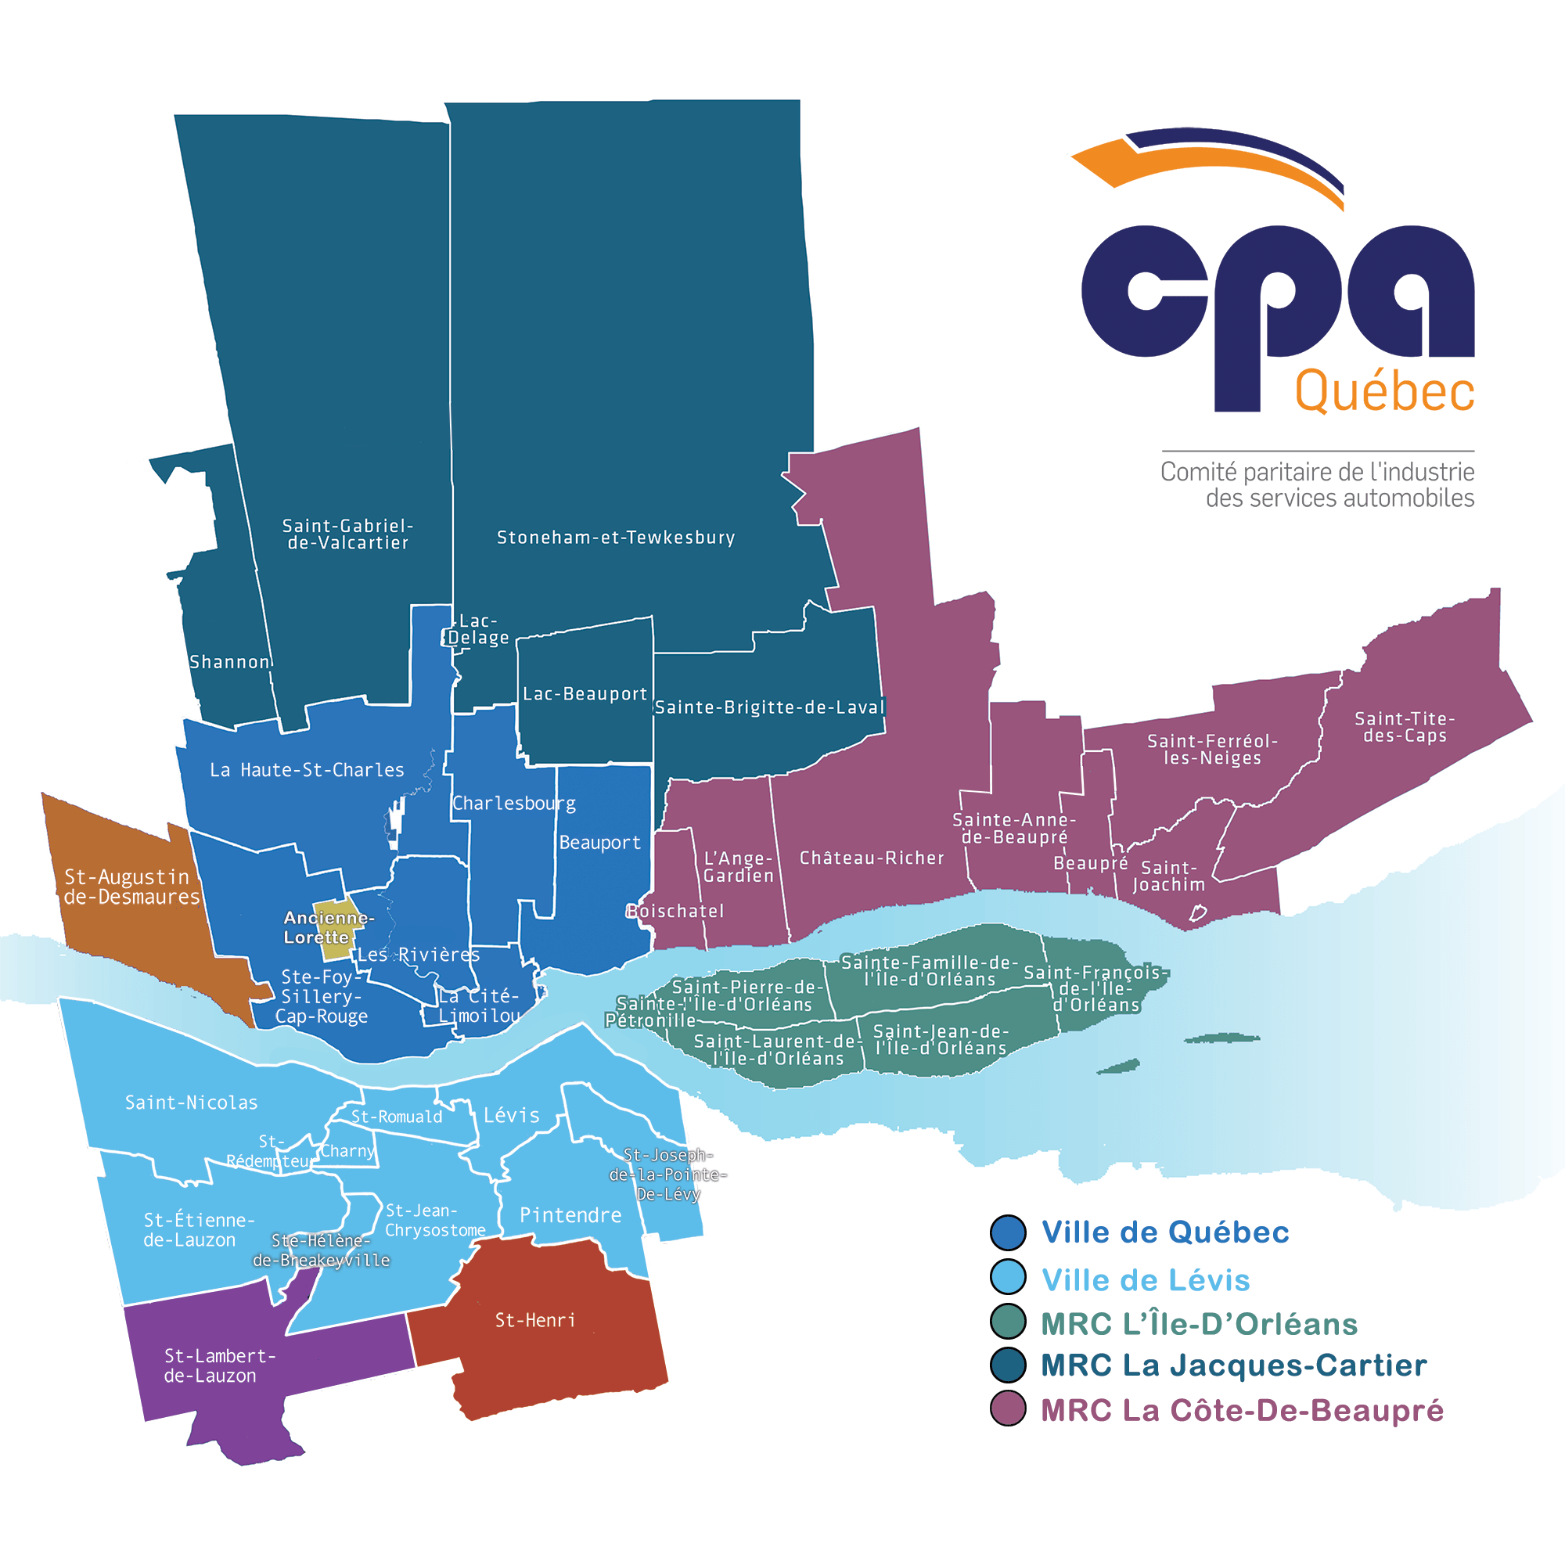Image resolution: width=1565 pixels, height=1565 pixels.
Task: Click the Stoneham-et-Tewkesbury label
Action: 616,538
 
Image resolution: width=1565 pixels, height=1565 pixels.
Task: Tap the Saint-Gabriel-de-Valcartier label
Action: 347,534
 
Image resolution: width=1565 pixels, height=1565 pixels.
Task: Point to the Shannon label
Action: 229,662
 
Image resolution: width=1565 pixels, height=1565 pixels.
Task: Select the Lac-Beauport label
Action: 585,694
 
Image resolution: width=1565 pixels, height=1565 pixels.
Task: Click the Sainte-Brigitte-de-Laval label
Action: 769,707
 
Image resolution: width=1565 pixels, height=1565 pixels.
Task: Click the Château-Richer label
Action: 872,858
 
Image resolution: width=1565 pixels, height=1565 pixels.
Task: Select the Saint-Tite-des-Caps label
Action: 1405,727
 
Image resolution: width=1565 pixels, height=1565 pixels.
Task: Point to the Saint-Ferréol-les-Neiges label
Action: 1212,750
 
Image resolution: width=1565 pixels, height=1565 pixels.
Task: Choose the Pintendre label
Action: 570,1216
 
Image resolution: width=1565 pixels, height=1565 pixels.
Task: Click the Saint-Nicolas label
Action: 191,1103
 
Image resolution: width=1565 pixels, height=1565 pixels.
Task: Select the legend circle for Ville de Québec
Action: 1009,1232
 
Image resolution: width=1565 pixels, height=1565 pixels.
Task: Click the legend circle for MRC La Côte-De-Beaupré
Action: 1009,1410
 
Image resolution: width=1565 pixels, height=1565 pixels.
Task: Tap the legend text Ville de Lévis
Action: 1146,1280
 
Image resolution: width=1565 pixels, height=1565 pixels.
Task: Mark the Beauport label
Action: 599,843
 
